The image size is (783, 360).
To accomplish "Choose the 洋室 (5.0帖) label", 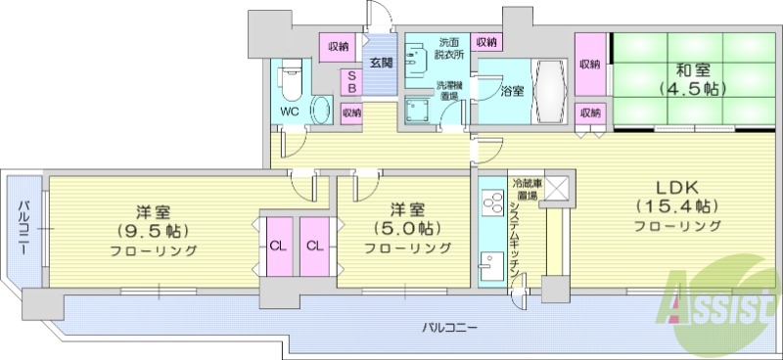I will point(408,228).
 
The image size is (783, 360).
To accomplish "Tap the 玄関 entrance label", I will point(381,63).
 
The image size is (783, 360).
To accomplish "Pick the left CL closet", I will point(277,245).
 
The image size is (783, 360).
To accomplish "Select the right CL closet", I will point(313,245).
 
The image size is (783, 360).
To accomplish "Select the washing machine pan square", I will point(420,111).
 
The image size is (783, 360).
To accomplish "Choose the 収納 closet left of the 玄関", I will point(339,45).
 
